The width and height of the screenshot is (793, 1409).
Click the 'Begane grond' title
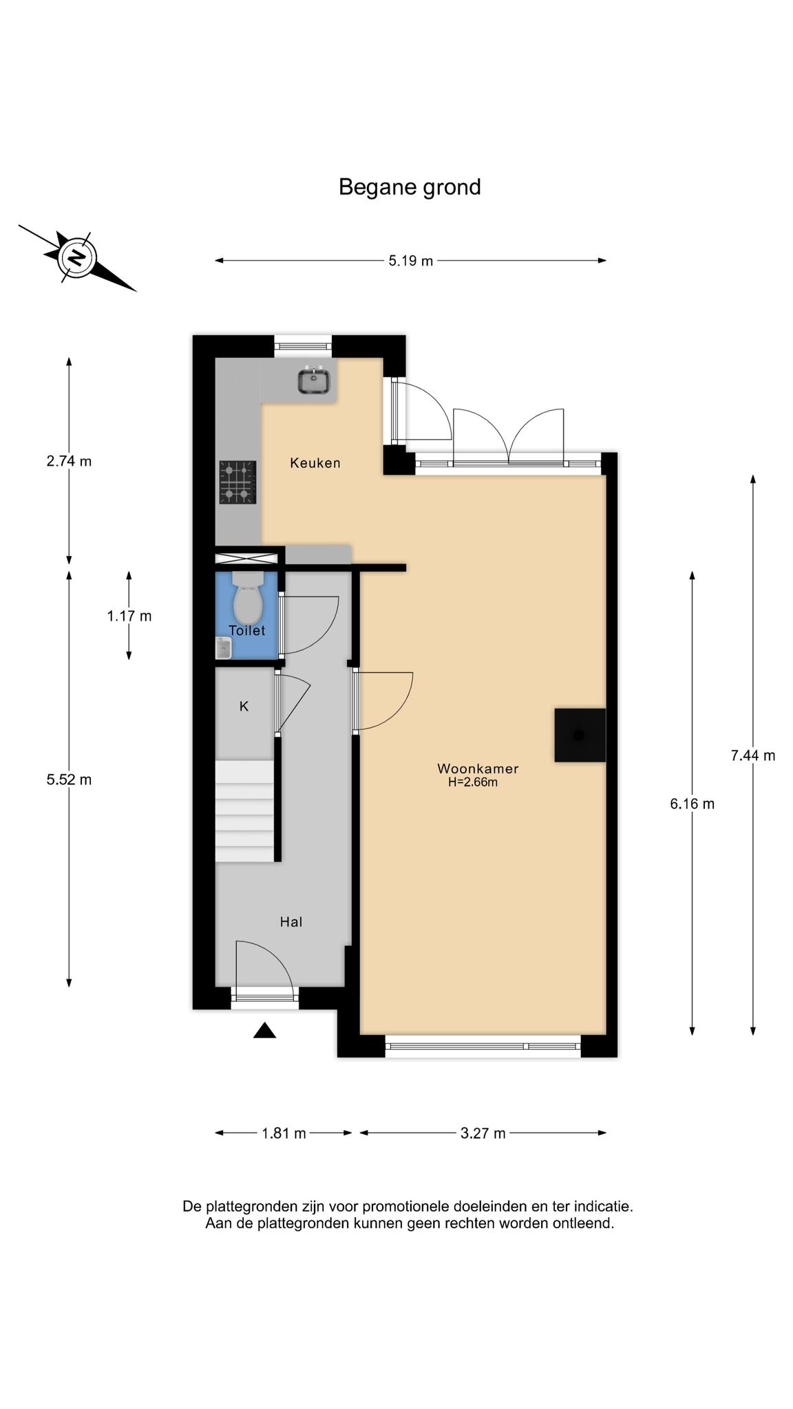410,187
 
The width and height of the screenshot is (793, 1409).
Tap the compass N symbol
77,258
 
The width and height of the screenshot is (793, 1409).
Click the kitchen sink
313,380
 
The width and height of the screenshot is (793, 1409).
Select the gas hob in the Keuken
237,482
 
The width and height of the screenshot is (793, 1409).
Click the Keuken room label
315,463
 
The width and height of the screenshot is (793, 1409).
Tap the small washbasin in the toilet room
223,648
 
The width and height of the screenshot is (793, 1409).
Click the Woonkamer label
478,768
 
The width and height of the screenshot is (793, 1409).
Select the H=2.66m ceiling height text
473,782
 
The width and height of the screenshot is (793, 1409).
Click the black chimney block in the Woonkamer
580,735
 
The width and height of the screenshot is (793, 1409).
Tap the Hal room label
291,922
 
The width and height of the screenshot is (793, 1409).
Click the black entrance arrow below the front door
264,1030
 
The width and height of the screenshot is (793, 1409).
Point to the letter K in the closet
244,707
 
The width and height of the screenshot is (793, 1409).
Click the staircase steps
245,811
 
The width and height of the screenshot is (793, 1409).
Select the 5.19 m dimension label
411,261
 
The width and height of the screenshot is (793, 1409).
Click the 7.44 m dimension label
753,755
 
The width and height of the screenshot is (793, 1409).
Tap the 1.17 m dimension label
129,616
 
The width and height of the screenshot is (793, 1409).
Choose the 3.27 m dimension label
483,1133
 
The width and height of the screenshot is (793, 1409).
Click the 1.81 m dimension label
284,1133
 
